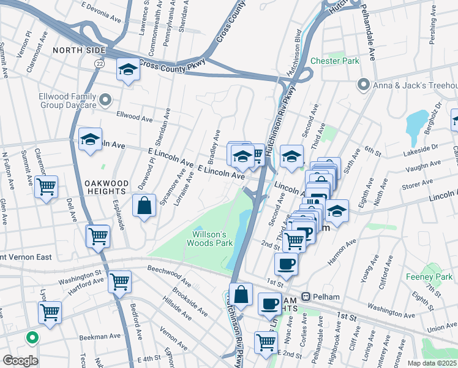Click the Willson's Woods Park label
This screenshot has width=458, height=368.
(212, 239)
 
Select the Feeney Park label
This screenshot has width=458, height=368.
(429, 277)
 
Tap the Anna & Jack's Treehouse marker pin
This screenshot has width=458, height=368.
(364, 84)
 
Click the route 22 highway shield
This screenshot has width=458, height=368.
(99, 63)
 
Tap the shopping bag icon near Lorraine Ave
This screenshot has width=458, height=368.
(144, 205)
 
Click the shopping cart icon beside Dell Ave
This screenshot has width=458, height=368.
(98, 236)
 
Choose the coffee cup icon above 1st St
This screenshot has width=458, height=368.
(286, 264)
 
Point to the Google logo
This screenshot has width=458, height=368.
(21, 360)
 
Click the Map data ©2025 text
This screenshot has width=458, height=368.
(432, 363)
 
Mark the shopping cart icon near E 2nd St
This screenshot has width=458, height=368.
(266, 342)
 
